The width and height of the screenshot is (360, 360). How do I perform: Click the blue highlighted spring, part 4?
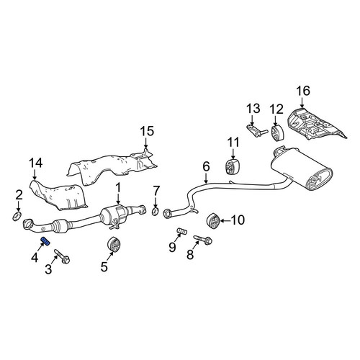tap(45, 241)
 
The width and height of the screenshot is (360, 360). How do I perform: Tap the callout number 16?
tap(303, 91)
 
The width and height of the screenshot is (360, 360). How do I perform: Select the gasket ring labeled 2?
tap(17, 216)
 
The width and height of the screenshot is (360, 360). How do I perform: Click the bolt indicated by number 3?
tap(62, 256)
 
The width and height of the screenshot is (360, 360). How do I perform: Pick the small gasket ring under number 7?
tap(156, 211)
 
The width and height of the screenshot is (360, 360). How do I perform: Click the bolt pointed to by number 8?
tap(202, 240)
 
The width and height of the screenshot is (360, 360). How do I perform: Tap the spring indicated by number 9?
tap(182, 232)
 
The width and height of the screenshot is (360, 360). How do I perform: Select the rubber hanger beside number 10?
tap(212, 220)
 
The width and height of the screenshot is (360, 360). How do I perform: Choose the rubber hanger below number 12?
tap(278, 132)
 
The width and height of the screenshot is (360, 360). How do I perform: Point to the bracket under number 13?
tap(256, 130)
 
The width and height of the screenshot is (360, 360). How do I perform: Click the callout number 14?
tap(36, 163)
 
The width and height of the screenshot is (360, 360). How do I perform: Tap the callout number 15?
tap(147, 131)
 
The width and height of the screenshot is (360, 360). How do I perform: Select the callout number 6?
tap(206, 166)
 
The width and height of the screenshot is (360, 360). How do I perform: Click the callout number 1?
tap(118, 189)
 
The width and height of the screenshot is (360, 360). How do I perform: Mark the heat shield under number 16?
tap(317, 125)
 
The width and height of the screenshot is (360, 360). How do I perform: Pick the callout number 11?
tap(233, 143)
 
